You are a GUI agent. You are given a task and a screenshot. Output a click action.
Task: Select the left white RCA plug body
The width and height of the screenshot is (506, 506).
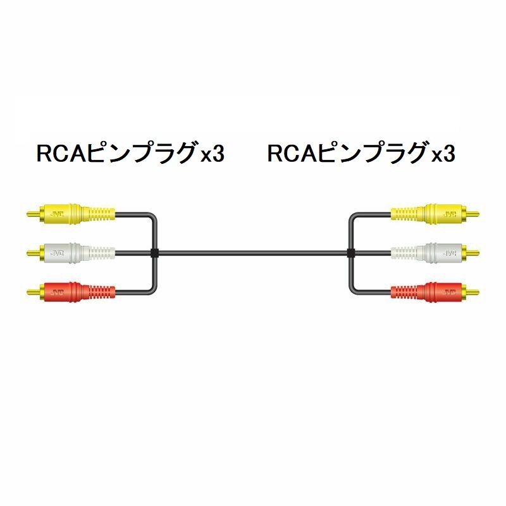pyautogui.click(x=77, y=252)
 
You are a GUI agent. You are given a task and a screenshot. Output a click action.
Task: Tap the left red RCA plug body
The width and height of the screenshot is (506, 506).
pyautogui.click(x=77, y=292)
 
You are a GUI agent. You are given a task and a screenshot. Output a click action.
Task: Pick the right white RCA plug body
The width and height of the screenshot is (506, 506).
pyautogui.click(x=429, y=252)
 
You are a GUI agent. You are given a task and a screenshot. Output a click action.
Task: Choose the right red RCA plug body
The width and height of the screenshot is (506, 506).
pyautogui.click(x=429, y=292)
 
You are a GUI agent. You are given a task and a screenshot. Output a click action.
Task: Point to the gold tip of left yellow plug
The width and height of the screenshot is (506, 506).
pyautogui.click(x=33, y=214)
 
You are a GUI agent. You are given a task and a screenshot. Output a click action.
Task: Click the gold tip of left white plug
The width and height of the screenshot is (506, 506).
pyautogui.click(x=33, y=252)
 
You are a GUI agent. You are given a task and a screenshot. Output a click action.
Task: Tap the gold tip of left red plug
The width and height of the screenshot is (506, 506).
pyautogui.click(x=33, y=292)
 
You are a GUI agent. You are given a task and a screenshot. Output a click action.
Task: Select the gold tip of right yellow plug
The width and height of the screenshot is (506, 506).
pyautogui.click(x=472, y=214)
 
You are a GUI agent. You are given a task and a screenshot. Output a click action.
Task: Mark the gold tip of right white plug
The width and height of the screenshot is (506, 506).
pyautogui.click(x=472, y=252)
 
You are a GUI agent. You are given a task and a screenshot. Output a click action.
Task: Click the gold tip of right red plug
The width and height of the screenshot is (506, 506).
pyautogui.click(x=472, y=292)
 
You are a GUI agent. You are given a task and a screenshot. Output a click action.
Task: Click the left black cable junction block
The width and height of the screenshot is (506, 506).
pyautogui.click(x=154, y=252)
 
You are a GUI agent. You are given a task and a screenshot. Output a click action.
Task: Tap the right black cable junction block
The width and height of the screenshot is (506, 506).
pyautogui.click(x=351, y=252)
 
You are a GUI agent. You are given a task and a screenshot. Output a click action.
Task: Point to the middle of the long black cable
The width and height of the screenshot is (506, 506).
pyautogui.click(x=252, y=252)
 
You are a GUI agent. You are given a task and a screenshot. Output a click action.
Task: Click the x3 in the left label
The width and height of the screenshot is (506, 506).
pyautogui.click(x=213, y=154)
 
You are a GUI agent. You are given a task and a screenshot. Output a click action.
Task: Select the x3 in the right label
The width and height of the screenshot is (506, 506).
pyautogui.click(x=443, y=154)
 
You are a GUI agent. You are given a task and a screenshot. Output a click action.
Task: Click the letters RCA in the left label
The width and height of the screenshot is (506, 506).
pyautogui.click(x=62, y=153)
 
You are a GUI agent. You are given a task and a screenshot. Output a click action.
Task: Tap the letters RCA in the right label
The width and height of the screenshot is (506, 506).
pyautogui.click(x=293, y=153)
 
